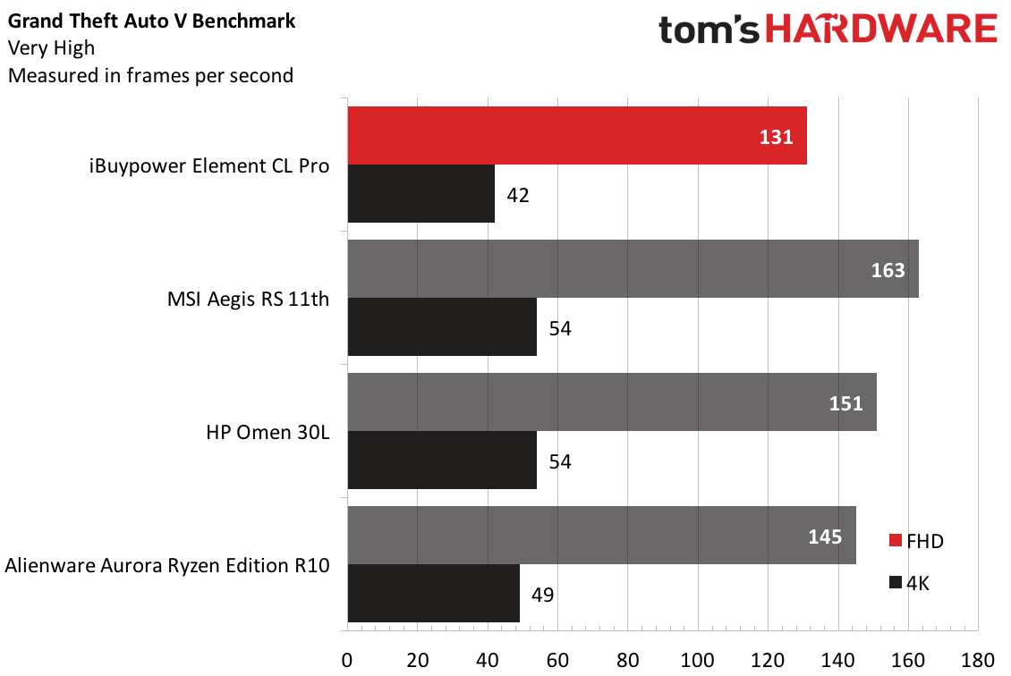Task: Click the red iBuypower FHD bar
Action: [x=577, y=135]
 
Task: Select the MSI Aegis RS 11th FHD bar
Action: [x=632, y=269]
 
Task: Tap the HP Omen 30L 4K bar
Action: [x=442, y=461]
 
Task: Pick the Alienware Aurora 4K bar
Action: [x=433, y=593]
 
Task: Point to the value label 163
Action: [x=888, y=270]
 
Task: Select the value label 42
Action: [x=517, y=195]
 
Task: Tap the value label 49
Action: [x=542, y=595]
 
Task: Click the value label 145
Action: [x=825, y=537]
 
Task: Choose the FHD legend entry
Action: [x=916, y=540]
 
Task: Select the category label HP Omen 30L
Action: [x=268, y=433]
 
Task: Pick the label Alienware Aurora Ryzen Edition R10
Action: [x=167, y=565]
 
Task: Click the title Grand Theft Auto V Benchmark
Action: [x=152, y=20]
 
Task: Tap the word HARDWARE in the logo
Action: [x=880, y=30]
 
